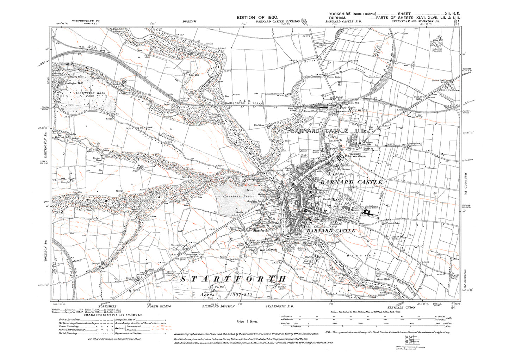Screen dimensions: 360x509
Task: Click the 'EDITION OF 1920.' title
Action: coord(258,17)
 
